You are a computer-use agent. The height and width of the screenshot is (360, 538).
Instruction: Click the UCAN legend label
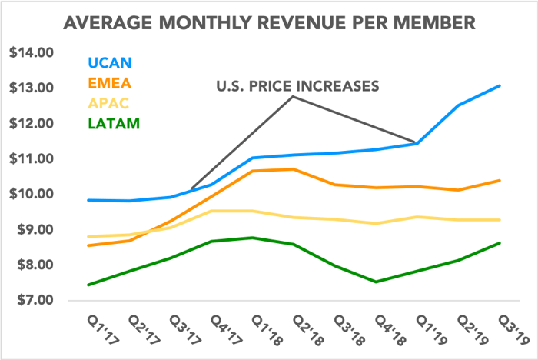[110, 62]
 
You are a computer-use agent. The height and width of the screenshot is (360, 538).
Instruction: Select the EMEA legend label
[110, 83]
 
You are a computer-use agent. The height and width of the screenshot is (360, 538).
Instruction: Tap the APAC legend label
[108, 103]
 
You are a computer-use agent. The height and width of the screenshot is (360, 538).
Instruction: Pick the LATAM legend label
[114, 124]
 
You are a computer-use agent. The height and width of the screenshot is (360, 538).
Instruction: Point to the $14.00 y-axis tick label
[32, 52]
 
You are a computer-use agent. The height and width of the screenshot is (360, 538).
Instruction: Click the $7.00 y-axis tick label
[35, 300]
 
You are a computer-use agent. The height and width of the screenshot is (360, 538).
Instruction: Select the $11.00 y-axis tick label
[32, 158]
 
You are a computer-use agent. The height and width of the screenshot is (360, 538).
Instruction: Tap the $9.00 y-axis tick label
[35, 229]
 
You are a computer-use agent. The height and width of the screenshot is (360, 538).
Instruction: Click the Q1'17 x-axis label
[103, 330]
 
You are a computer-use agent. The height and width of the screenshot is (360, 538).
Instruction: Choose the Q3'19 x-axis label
[513, 330]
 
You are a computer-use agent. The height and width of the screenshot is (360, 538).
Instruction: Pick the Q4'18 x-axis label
[390, 330]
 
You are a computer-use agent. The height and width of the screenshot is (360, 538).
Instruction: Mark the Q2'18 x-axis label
[308, 330]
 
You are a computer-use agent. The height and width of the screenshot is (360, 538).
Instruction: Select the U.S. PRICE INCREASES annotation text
[298, 86]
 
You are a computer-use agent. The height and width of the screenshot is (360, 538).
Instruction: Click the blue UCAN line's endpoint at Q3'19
[500, 86]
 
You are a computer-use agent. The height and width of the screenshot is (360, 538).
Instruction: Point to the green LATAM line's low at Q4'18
[376, 282]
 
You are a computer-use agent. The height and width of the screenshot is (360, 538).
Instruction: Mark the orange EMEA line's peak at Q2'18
[294, 169]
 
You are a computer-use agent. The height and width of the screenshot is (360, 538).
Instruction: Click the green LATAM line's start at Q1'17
[88, 285]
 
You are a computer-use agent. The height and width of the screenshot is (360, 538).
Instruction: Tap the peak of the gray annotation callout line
[293, 96]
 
